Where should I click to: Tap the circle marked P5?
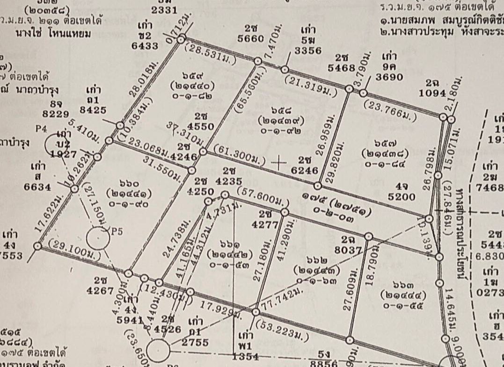[99, 238]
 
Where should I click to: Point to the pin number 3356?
[308, 50]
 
